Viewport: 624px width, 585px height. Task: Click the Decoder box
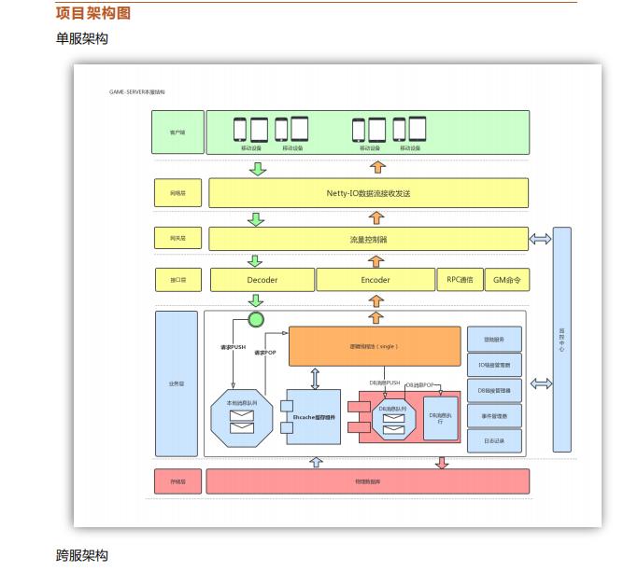click(x=262, y=280)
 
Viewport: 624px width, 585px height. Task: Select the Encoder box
click(x=375, y=280)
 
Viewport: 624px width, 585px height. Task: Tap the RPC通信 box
click(x=460, y=280)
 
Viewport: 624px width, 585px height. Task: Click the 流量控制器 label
click(x=368, y=240)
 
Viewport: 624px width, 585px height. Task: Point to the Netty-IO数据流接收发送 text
click(x=368, y=193)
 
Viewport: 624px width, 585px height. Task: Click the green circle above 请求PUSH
click(x=255, y=320)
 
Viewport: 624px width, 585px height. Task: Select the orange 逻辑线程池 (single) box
click(x=375, y=345)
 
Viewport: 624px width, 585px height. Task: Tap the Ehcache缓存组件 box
click(x=315, y=417)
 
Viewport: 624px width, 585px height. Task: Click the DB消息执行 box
click(x=441, y=416)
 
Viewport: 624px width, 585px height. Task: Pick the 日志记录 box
click(x=493, y=441)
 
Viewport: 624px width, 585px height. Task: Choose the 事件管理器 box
click(x=493, y=416)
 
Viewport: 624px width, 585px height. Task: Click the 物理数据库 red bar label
click(x=368, y=481)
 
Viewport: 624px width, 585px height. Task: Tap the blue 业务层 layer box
click(x=176, y=383)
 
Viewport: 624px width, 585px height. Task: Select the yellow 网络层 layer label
click(x=177, y=193)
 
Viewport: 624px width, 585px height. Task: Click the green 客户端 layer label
click(x=177, y=132)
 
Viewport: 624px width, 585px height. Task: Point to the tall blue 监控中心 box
click(x=561, y=340)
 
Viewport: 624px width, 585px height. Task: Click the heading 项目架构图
click(x=93, y=12)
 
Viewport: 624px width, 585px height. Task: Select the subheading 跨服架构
click(x=82, y=555)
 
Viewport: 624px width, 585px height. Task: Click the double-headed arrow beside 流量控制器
click(x=541, y=240)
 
